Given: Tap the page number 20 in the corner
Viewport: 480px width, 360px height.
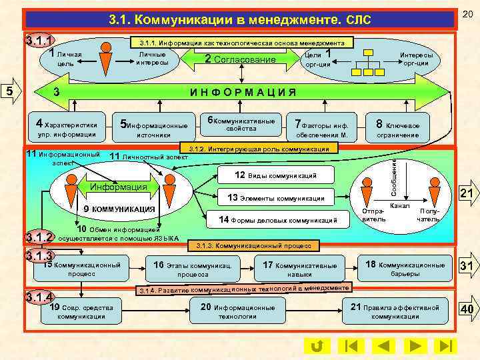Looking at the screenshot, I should pyautogui.click(x=467, y=14).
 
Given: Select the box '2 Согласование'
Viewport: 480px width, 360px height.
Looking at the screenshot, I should pyautogui.click(x=241, y=59).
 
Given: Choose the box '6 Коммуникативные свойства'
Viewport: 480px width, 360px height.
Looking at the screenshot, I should pyautogui.click(x=241, y=123).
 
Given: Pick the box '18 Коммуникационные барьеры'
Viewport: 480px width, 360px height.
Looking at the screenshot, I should pyautogui.click(x=405, y=269).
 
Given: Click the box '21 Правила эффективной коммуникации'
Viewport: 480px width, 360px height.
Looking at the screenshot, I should pyautogui.click(x=395, y=311).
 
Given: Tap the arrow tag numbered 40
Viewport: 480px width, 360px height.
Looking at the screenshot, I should pyautogui.click(x=467, y=310).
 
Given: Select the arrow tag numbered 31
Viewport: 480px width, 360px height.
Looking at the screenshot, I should pyautogui.click(x=467, y=266).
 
